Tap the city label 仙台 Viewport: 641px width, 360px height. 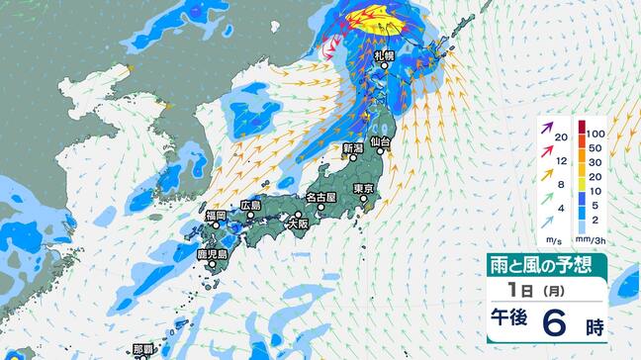(382, 143)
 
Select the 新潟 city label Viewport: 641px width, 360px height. (352, 148)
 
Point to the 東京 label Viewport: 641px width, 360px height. (362, 188)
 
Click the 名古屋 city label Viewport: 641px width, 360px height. (321, 197)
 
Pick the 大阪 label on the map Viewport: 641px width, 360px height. (298, 225)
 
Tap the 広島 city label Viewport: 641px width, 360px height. (250, 206)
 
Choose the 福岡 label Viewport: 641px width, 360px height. (217, 215)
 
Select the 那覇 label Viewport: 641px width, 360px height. (144, 348)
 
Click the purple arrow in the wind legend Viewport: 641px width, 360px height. (545, 130)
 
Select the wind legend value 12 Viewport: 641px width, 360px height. (561, 159)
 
